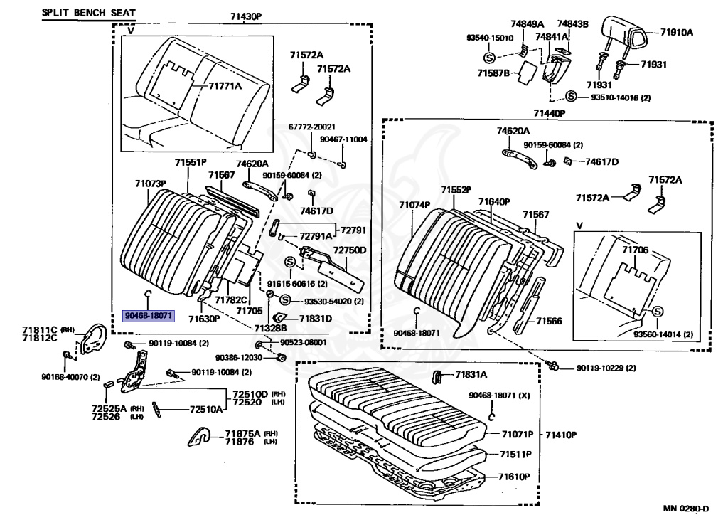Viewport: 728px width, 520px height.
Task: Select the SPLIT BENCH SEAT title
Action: [x=88, y=13]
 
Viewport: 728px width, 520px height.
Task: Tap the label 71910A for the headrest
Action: [x=675, y=32]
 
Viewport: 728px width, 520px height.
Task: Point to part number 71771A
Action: [x=225, y=86]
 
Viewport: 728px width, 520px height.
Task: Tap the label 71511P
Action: [x=517, y=454]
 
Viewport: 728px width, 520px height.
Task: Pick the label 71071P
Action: [x=517, y=434]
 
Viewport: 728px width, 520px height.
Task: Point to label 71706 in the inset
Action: [x=635, y=250]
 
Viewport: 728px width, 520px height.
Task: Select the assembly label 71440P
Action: [x=549, y=113]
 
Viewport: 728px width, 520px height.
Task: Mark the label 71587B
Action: [x=493, y=73]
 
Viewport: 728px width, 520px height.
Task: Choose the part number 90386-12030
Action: [x=240, y=356]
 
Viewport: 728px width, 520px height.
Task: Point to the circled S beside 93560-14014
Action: [x=658, y=312]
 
